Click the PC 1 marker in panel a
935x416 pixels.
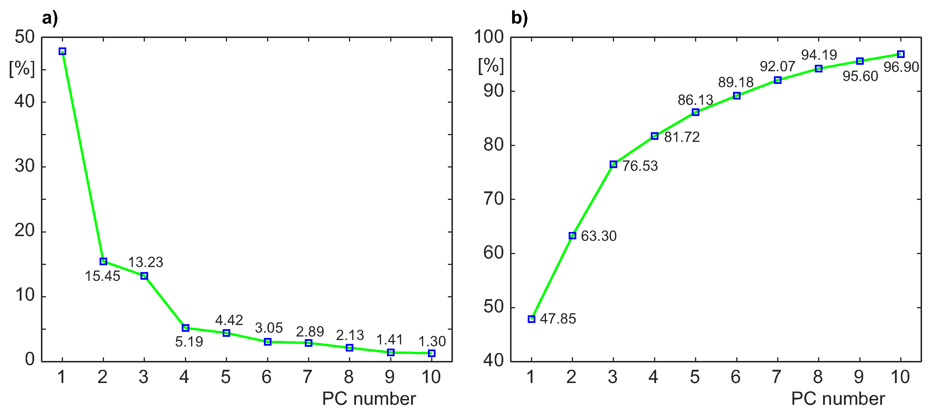62,52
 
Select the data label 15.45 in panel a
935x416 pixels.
102,276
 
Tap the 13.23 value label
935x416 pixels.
145,262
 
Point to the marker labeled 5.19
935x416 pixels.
186,328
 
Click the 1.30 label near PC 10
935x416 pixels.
432,341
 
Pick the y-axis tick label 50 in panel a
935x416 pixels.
25,37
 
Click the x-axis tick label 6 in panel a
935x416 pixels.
267,377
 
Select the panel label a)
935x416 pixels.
50,18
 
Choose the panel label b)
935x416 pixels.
519,18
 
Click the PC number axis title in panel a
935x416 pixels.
369,399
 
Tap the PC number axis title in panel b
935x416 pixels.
838,399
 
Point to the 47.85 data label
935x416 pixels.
558,319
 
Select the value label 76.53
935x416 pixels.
640,166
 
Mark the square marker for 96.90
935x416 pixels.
901,54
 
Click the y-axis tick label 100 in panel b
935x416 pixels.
489,37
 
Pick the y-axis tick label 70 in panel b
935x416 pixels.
494,199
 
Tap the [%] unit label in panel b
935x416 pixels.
491,66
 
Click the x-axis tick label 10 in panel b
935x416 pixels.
900,377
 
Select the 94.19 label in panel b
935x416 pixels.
819,55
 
